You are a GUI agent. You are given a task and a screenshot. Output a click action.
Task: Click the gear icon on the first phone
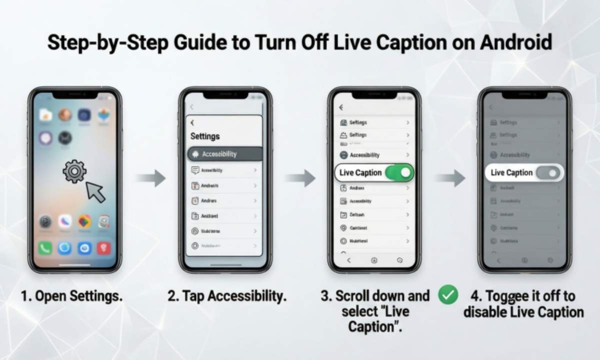pos(74,171)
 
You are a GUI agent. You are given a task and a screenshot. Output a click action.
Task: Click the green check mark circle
pos(447,295)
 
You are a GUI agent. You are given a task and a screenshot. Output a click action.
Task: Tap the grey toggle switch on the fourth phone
pos(547,173)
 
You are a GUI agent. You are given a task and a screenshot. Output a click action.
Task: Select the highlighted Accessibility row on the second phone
pos(224,154)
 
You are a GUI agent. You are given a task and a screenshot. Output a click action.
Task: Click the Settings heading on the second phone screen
pos(205,136)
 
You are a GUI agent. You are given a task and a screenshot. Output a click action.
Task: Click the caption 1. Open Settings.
pos(71,296)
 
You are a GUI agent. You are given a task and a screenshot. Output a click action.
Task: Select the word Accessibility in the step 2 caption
pos(246,296)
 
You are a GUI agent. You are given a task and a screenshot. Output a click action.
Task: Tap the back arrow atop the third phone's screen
pos(341,107)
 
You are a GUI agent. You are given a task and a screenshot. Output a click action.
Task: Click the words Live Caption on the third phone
pos(360,173)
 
